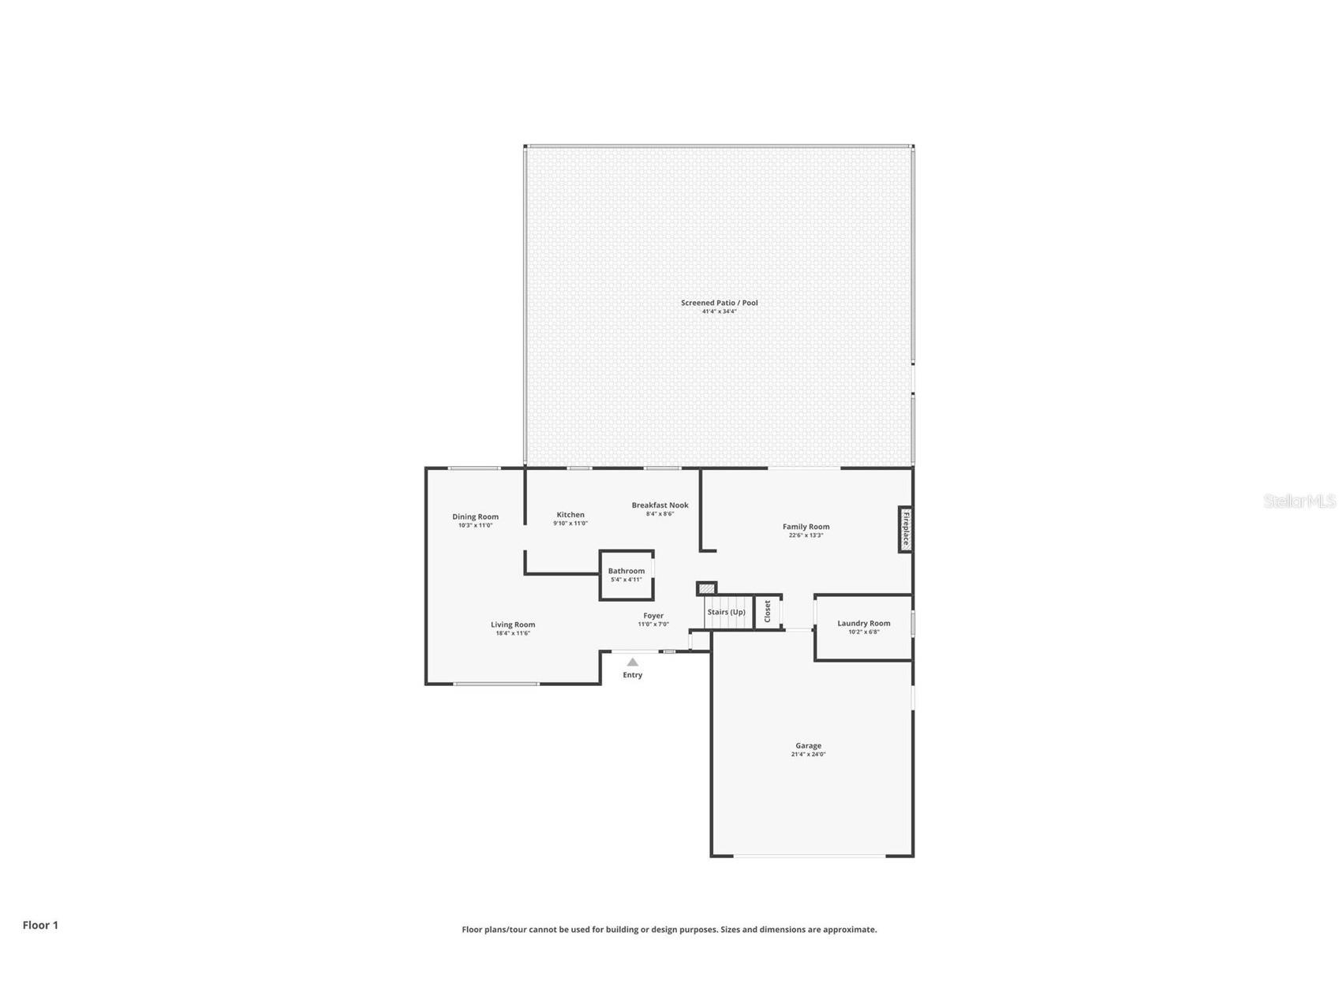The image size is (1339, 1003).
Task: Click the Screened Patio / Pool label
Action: point(719,303)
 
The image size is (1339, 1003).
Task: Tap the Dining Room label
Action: point(475,517)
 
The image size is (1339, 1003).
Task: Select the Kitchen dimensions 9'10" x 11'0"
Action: point(570,524)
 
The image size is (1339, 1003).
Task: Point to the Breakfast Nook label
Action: point(660,505)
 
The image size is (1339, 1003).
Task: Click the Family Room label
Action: point(806,527)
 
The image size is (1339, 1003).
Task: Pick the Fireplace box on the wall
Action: point(906,529)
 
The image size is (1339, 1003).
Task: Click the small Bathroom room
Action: point(626,575)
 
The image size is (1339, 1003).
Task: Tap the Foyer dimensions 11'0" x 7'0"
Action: point(653,625)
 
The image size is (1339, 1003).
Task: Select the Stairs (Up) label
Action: point(726,612)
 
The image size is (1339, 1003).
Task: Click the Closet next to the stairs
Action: point(768,611)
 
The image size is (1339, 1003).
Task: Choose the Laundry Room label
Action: point(863,623)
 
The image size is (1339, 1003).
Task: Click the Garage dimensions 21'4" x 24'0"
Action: point(808,755)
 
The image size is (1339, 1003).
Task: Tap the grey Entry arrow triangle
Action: point(632,662)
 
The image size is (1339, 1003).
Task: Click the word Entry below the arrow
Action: point(632,675)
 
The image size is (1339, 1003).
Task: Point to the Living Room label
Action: point(513,625)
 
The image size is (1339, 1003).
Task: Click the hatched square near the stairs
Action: point(707,588)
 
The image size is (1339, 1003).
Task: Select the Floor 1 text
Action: point(40,925)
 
